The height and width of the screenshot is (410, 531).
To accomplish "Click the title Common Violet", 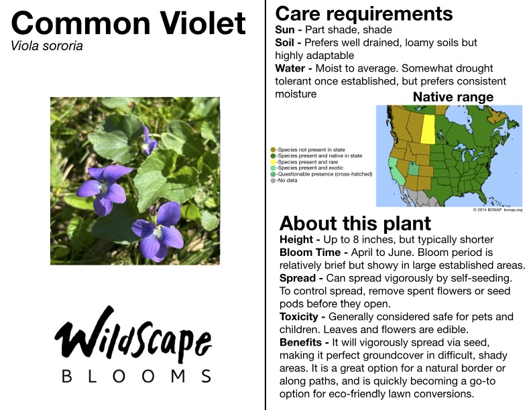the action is coord(128,23).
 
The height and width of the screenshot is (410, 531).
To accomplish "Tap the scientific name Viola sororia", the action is coord(47,46).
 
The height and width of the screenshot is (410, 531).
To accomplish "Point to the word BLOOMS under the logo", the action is coord(137,377).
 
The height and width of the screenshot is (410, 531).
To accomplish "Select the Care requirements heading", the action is coord(364,14).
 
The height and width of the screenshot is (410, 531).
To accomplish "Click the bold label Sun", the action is coord(285,29).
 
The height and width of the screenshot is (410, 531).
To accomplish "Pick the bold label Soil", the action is coord(284,43).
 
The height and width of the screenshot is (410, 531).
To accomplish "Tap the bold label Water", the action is coord(290,68).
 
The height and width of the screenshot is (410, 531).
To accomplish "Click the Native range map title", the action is coord(453,97).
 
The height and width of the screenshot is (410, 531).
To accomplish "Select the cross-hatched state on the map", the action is coord(414,168).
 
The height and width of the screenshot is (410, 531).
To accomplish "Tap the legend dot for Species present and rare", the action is coord(273,162).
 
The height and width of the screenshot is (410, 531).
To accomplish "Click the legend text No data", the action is coord(287,180).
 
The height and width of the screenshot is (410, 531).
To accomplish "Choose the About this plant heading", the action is coord(355,223).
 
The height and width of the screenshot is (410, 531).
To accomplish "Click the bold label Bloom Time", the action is coord(310,253).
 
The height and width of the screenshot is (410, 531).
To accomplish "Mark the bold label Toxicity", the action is coord(299,317).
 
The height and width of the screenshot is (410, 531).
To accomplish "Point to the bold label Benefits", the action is coord(300,342).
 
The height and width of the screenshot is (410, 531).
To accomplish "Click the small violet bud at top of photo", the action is coord(148,141).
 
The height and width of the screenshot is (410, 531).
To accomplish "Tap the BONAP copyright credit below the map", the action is coord(497,210).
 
